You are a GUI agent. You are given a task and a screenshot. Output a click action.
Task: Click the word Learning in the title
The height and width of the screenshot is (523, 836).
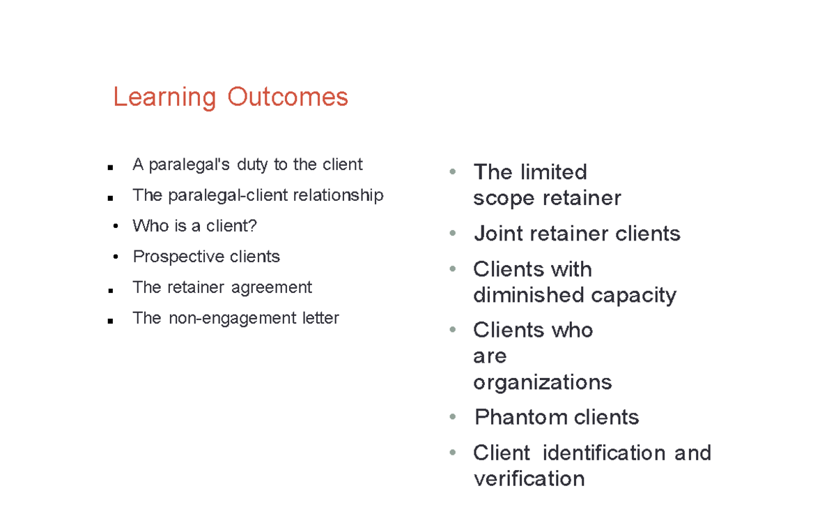[164, 98]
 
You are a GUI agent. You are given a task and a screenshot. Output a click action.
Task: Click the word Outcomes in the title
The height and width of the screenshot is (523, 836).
[288, 97]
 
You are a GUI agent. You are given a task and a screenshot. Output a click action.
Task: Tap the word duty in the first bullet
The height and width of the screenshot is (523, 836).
[252, 165]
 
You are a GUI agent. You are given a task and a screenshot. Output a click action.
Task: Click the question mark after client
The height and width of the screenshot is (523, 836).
[252, 226]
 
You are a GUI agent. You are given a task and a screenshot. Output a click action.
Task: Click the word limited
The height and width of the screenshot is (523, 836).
[554, 172]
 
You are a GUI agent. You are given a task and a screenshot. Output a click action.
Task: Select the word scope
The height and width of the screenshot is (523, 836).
[504, 199]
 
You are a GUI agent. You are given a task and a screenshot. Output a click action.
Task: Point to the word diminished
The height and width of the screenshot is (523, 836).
[529, 295]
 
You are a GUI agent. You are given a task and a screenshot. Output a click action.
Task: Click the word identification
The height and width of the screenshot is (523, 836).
[604, 453]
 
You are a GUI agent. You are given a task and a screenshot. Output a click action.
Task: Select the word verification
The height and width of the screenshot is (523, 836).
[529, 479]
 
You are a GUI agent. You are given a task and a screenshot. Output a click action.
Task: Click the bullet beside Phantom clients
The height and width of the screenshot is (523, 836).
[453, 417]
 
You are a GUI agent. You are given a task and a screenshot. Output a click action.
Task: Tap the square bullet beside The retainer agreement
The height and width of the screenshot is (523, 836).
[111, 291]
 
